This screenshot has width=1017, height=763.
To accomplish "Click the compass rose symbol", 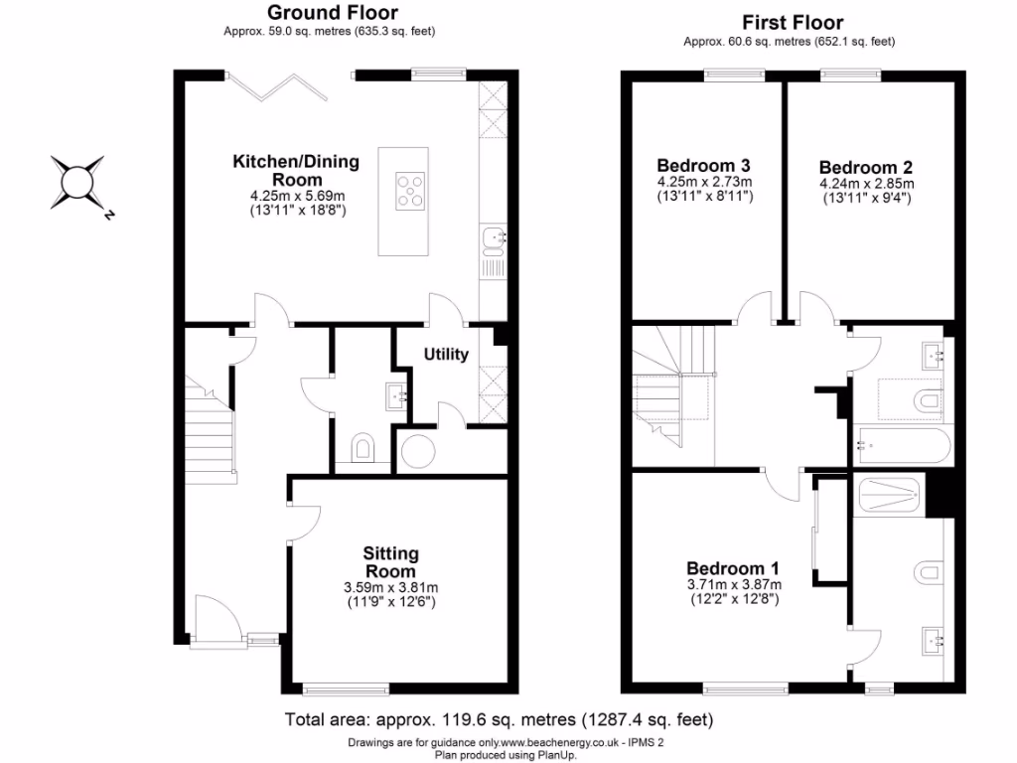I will pos(78,184).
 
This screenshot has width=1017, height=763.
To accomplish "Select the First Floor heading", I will pos(792,22).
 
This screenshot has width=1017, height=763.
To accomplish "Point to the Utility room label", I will pos(446,355).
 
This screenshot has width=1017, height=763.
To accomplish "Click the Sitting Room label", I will pos(390,562).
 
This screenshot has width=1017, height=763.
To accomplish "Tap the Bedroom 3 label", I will pos(703,166).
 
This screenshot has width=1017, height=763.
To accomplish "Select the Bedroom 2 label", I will pos(865,168).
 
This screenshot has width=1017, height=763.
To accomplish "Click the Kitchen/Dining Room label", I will pos(296,170).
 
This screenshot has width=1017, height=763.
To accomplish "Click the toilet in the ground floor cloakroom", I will pos(363,447).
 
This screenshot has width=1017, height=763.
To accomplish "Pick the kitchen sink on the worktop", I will pos(493,236).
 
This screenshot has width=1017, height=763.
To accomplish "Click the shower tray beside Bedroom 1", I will pos(889,494).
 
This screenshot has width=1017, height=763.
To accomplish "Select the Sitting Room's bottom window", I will pos(345,688).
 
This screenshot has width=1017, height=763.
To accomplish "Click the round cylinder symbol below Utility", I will pos(416,450).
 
